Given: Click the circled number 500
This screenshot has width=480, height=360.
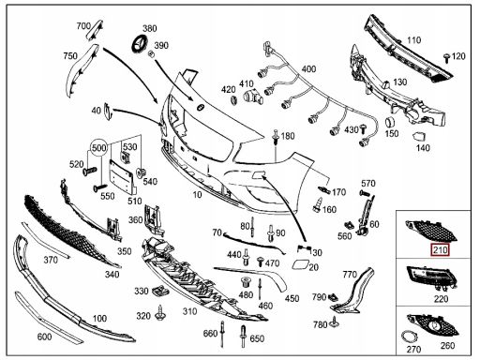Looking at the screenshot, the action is pyautogui.click(x=98, y=147).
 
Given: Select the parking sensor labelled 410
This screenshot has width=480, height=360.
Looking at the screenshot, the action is pyautogui.click(x=253, y=95).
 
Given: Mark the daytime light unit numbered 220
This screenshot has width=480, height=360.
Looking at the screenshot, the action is pyautogui.click(x=433, y=277).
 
